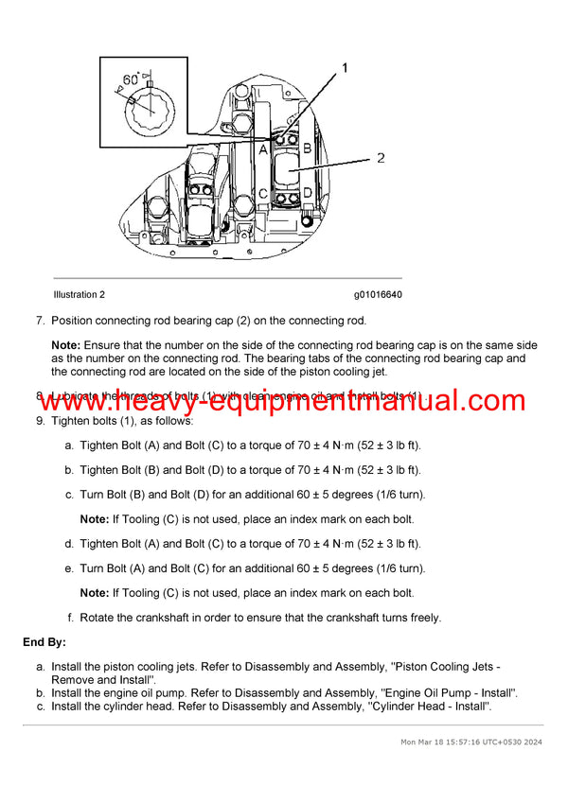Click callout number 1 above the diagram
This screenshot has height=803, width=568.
click(x=345, y=68)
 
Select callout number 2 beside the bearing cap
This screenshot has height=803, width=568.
click(x=381, y=158)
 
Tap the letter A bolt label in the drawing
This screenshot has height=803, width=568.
click(x=262, y=148)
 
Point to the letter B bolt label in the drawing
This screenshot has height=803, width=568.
click(x=307, y=148)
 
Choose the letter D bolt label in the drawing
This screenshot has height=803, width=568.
click(x=307, y=194)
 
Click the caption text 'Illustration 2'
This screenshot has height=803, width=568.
click(x=80, y=295)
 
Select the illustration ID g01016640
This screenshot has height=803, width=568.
click(x=378, y=295)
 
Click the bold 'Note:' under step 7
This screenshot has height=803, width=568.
click(x=65, y=345)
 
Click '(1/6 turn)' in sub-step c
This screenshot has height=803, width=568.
click(x=398, y=494)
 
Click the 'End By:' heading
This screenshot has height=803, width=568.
click(x=44, y=642)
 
